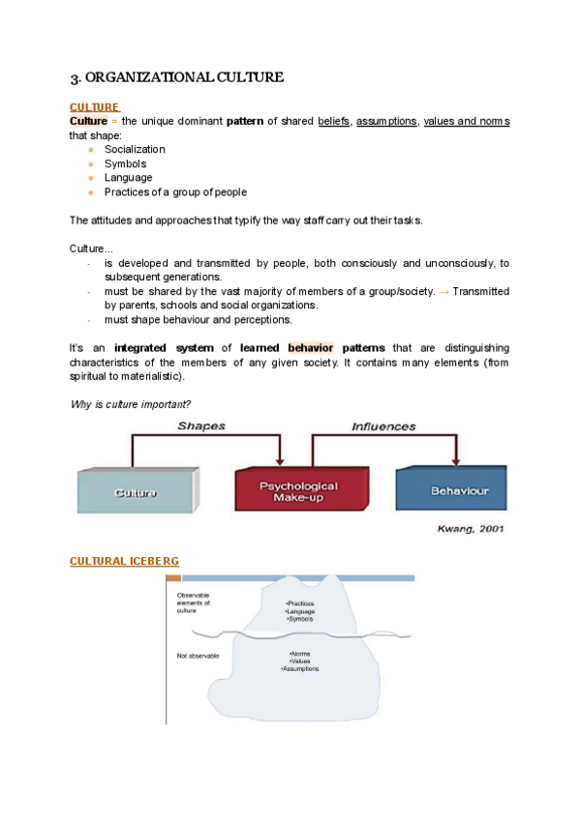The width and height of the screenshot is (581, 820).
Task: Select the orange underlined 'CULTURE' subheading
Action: (x=95, y=107)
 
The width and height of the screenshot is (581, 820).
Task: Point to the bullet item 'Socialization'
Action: (x=135, y=149)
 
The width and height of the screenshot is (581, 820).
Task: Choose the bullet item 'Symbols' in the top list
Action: (x=126, y=163)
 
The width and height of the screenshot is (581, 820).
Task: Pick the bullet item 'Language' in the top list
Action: (x=128, y=178)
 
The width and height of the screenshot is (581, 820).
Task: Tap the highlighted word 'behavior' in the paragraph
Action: (x=310, y=347)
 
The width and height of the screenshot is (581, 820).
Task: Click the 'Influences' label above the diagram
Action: (x=383, y=426)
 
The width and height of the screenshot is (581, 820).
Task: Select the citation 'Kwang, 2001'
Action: (x=471, y=529)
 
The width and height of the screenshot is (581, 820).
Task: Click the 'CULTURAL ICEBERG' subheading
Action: (x=124, y=561)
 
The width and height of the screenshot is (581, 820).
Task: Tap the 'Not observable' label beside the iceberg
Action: (x=198, y=656)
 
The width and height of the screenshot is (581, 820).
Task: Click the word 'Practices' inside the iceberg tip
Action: (x=300, y=603)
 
